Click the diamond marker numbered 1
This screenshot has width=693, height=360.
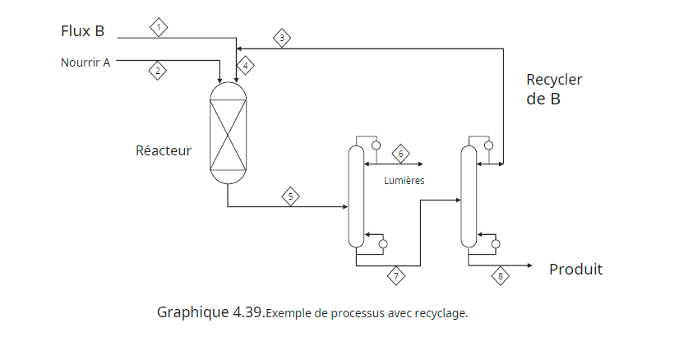tap(159, 27)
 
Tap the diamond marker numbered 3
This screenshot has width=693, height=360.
tap(282, 38)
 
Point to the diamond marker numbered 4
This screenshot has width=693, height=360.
tap(245, 65)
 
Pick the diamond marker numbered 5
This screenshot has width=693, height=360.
tap(290, 196)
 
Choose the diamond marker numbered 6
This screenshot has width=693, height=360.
tap(400, 154)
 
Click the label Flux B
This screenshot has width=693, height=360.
tap(82, 31)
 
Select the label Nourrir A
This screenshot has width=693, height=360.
tap(85, 62)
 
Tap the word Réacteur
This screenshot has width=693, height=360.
tap(164, 150)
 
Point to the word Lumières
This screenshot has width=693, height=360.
tap(404, 181)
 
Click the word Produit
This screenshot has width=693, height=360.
tap(575, 269)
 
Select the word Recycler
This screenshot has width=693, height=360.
tap(554, 80)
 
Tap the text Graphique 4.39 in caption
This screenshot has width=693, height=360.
tap(210, 312)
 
